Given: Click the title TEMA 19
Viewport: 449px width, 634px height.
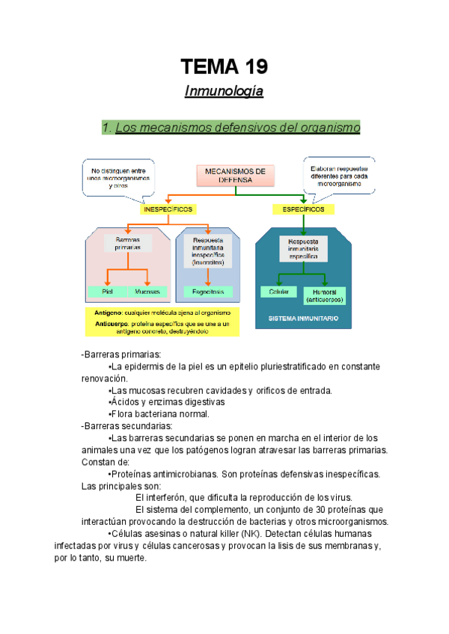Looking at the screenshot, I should [224, 68].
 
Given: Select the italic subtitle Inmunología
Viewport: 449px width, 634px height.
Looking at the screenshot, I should [224, 93].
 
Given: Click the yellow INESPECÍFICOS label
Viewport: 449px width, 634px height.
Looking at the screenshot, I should [168, 210].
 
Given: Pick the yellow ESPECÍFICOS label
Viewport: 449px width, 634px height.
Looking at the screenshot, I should [304, 210].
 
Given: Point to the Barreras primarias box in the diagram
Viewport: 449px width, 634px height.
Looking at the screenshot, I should [128, 243].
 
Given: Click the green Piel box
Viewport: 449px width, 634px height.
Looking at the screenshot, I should [106, 292].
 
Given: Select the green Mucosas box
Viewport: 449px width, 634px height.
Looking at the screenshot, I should [147, 292].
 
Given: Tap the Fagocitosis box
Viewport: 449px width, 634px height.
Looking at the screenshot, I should [209, 292].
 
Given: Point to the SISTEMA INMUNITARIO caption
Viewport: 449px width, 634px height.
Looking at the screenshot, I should [302, 318].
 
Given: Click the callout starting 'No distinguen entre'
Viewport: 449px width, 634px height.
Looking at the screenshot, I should [117, 177].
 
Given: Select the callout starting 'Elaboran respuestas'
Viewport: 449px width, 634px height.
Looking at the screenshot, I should [339, 176].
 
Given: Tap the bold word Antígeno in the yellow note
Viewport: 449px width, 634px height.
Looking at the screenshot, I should [109, 312].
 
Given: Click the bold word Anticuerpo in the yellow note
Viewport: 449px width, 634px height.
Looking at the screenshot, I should [112, 323].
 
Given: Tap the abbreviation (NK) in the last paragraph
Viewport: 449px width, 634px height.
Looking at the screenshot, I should [249, 533].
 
